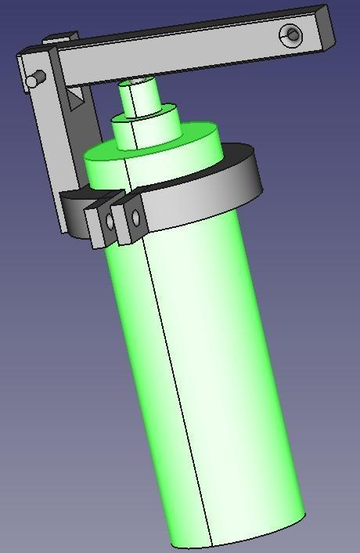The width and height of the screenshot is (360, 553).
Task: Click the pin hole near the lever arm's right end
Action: click(x=292, y=34)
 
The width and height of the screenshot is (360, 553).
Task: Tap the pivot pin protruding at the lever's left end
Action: click(x=33, y=80)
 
